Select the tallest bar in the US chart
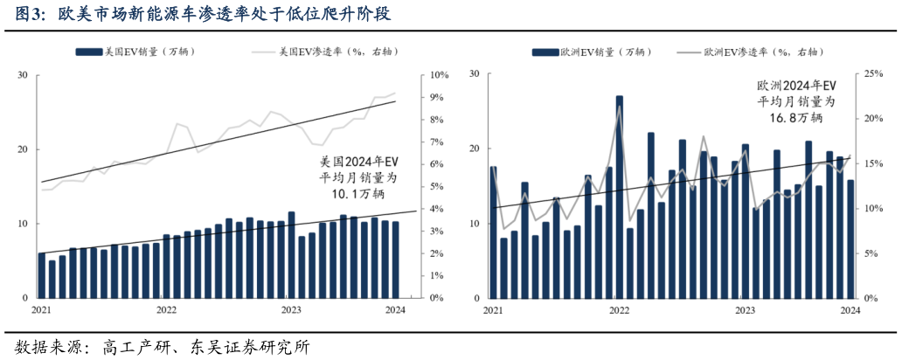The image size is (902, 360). pyautogui.click(x=291, y=254)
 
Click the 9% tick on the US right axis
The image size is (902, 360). pyautogui.click(x=434, y=97)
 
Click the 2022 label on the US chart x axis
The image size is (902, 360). pyautogui.click(x=166, y=309)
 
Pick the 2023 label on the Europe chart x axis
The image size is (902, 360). pyautogui.click(x=745, y=309)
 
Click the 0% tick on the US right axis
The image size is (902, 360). pyautogui.click(x=434, y=298)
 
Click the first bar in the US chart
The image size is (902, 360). pyautogui.click(x=42, y=275)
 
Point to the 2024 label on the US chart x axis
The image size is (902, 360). pyautogui.click(x=395, y=309)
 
